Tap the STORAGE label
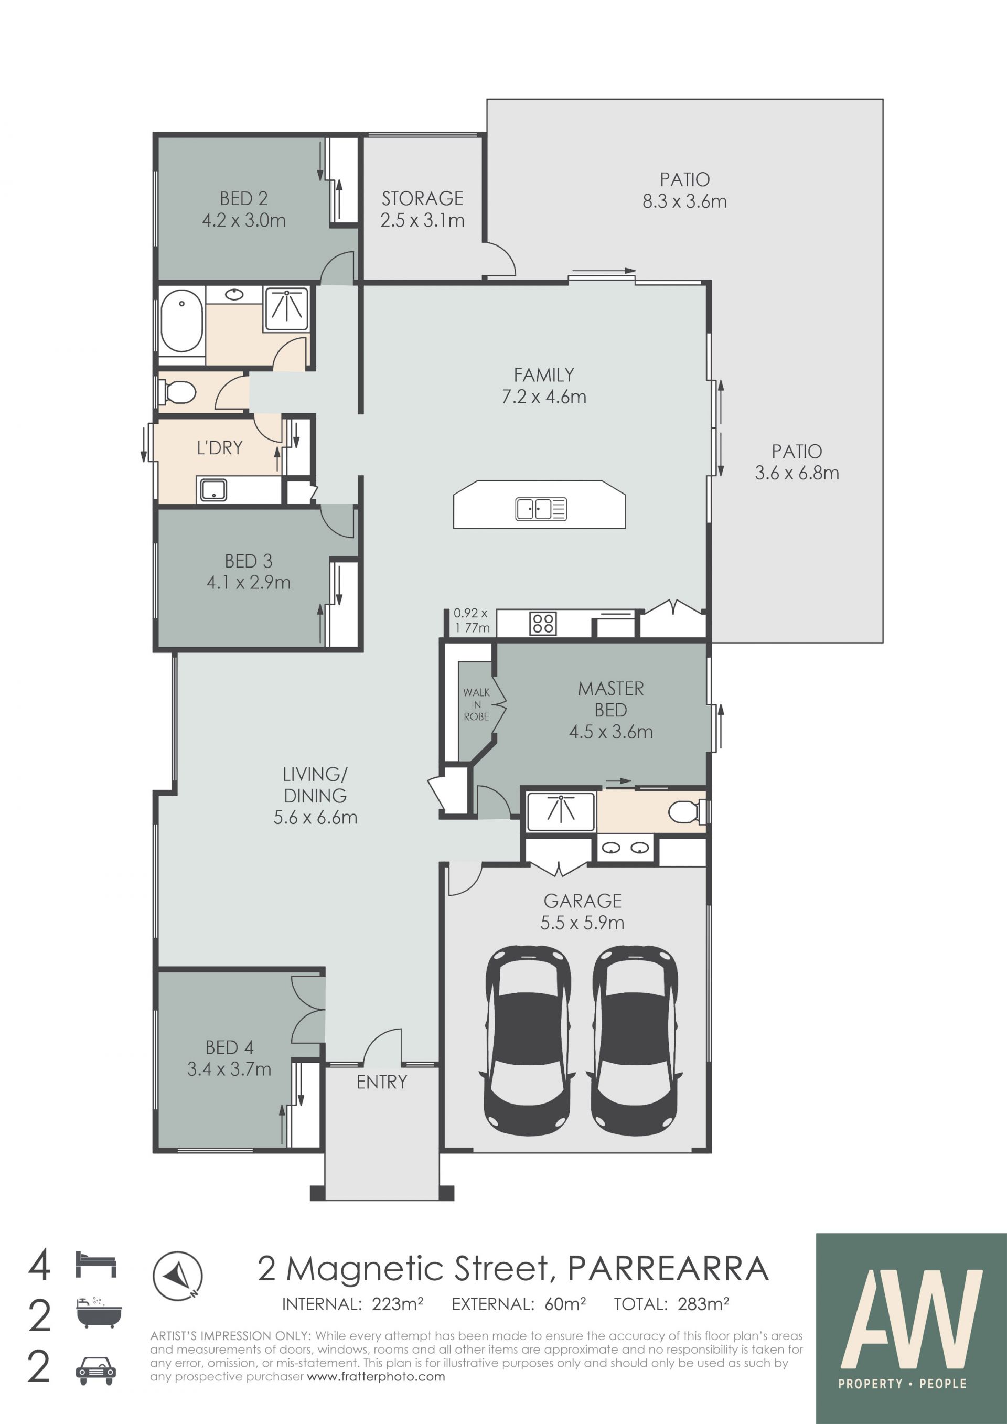tap(422, 198)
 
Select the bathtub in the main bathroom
tap(181, 322)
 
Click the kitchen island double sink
tap(541, 509)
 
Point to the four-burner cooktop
tap(542, 623)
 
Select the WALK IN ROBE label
tap(476, 704)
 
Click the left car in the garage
tap(527, 1041)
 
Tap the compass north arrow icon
tap(177, 1277)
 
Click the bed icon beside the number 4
tap(95, 1265)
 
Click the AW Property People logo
tap(911, 1329)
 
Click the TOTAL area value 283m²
tap(703, 1304)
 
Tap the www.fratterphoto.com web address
tap(376, 1377)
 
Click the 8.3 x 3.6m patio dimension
tap(684, 201)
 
